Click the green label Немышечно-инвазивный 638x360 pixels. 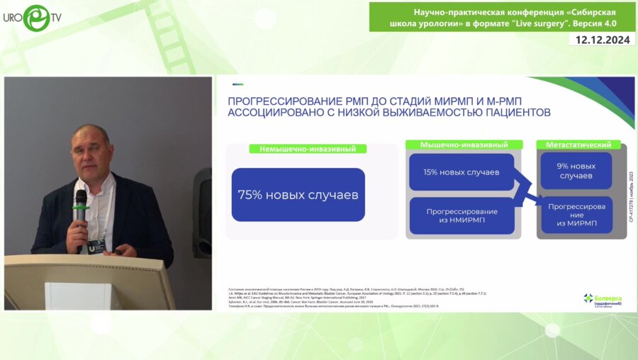tap(308, 149)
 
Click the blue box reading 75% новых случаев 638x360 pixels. tap(298, 195)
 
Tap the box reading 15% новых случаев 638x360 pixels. tap(461, 172)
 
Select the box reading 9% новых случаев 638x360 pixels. tap(576, 171)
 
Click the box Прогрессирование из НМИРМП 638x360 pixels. tap(461, 216)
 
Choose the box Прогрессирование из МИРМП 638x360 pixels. tap(576, 214)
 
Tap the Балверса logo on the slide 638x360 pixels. tap(602, 299)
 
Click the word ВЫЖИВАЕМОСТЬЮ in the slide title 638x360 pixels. tap(451, 113)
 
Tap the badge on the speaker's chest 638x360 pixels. tap(96, 244)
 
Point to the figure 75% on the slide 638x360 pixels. tap(252, 195)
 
